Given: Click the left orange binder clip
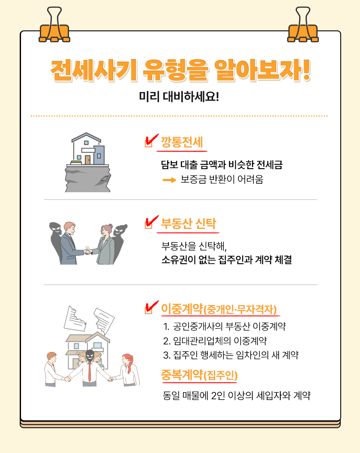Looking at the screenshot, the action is click(x=54, y=27).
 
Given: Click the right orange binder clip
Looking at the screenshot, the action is click(x=303, y=27).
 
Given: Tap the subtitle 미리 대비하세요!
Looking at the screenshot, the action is click(x=179, y=96).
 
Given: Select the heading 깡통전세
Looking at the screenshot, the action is click(x=182, y=142).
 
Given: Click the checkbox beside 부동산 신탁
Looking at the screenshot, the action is click(x=149, y=224).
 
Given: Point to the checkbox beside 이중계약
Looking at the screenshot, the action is click(x=149, y=310).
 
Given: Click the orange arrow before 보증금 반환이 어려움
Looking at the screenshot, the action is click(x=169, y=180).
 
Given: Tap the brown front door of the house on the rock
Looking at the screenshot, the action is click(x=87, y=160).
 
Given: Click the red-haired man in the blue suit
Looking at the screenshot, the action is click(x=71, y=243).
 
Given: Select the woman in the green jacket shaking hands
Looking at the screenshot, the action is click(x=105, y=244).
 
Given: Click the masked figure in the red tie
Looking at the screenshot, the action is click(x=89, y=368).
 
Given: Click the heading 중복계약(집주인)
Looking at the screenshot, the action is click(x=200, y=375).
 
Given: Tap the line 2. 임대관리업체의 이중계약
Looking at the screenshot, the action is click(x=215, y=341).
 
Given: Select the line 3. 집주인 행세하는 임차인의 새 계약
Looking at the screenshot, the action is click(x=231, y=355).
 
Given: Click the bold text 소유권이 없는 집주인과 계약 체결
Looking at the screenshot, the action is click(x=226, y=259).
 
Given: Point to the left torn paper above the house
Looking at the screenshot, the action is click(x=75, y=319).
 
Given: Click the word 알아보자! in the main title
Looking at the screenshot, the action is click(x=262, y=70).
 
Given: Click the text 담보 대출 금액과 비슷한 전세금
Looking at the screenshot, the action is click(x=222, y=165).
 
